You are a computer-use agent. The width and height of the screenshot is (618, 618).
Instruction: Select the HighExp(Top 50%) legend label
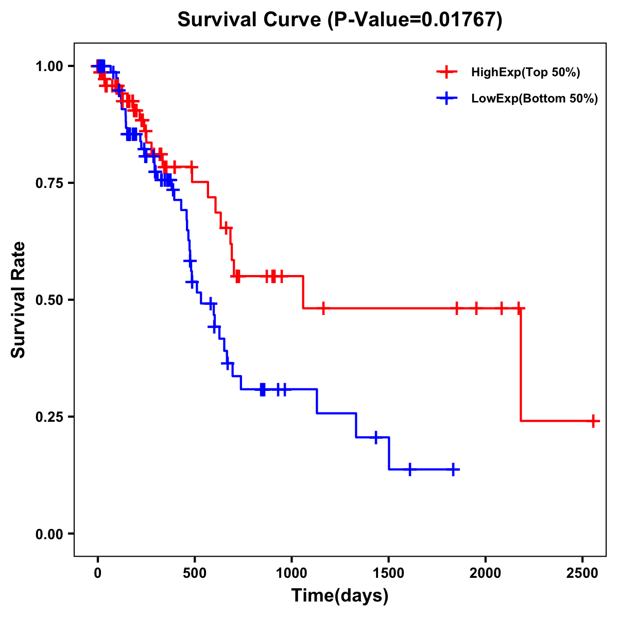pyautogui.click(x=525, y=73)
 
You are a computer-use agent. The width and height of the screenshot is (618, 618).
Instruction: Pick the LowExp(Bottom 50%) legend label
pyautogui.click(x=535, y=99)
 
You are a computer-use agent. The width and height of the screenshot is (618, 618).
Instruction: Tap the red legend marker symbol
pyautogui.click(x=447, y=73)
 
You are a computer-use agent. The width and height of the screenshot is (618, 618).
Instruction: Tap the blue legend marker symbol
pyautogui.click(x=447, y=99)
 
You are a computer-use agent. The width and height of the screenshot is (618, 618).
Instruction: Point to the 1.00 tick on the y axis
pyautogui.click(x=49, y=66)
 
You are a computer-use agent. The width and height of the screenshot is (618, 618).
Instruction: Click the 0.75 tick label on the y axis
pyautogui.click(x=49, y=183)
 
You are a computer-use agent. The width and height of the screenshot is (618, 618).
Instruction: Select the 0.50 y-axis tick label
pyautogui.click(x=49, y=300)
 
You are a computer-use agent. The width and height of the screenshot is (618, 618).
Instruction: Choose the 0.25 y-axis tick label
pyautogui.click(x=49, y=417)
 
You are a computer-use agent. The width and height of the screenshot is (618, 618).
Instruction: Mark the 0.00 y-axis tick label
pyautogui.click(x=49, y=534)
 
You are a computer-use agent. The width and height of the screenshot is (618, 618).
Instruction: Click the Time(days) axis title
pyautogui.click(x=340, y=596)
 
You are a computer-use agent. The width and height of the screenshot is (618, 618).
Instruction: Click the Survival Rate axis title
pyautogui.click(x=19, y=300)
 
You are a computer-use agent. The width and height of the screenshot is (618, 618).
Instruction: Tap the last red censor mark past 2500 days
pyautogui.click(x=593, y=421)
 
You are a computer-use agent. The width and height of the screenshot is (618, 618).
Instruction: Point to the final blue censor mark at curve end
pyautogui.click(x=453, y=470)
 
